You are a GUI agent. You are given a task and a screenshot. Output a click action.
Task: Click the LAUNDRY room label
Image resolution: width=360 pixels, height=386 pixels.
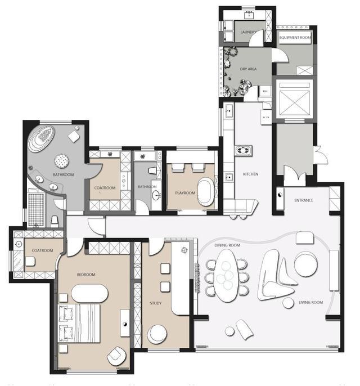coord(248,32)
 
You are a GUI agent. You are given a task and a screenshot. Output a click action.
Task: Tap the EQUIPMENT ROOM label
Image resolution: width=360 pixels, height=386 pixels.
coord(295,38)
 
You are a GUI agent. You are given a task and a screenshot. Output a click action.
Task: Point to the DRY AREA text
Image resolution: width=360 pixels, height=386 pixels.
coord(248,69)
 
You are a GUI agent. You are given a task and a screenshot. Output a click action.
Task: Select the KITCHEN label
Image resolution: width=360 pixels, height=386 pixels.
coord(251,174)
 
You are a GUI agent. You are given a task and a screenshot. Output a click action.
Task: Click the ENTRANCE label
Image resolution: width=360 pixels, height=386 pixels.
coord(304,200)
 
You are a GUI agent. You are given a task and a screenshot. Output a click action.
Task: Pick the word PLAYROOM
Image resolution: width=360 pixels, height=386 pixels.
coord(185,193)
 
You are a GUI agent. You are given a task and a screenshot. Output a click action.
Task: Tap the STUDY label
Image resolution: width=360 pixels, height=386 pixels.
coord(156,303)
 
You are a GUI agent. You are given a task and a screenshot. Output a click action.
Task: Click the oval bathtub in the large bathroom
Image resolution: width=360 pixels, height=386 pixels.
coord(41,138)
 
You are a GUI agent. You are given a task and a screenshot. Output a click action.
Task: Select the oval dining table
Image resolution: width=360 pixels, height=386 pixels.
coord(227,276)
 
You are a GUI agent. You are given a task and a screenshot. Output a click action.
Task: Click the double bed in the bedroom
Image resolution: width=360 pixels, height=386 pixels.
coord(79,323)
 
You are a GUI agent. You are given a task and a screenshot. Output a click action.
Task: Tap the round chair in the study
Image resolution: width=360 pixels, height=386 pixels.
coord(157,334)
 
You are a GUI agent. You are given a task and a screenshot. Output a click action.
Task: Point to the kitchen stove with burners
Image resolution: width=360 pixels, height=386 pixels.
coord(244,150)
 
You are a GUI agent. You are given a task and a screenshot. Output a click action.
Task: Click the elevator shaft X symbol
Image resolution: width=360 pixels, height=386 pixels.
coord(295,102)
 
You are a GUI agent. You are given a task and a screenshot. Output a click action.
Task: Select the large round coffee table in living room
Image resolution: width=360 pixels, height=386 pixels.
coord(306,264)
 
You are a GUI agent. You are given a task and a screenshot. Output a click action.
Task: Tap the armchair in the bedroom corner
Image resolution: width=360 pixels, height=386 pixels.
coord(116,356)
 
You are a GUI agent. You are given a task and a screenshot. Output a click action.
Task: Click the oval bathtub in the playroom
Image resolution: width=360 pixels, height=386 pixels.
coord(206,192)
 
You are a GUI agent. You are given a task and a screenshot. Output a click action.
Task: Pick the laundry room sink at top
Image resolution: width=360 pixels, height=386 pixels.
coord(249,15)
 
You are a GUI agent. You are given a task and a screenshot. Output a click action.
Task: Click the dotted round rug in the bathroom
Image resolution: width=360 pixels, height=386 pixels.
coord(61,161)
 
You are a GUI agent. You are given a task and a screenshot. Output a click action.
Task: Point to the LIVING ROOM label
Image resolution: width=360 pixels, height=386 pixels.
coord(310,302)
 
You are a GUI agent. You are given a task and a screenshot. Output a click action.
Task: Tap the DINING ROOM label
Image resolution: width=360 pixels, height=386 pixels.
coord(227,245)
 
